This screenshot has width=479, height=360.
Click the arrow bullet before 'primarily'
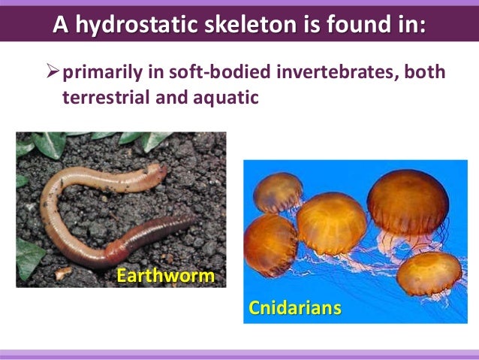(x=53, y=74)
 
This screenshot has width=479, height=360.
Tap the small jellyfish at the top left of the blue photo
(x=277, y=192)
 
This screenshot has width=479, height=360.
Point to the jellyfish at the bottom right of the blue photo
(x=429, y=273)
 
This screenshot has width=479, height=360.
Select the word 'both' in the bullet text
(x=428, y=74)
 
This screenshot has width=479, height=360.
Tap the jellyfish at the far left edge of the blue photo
(x=268, y=244)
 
